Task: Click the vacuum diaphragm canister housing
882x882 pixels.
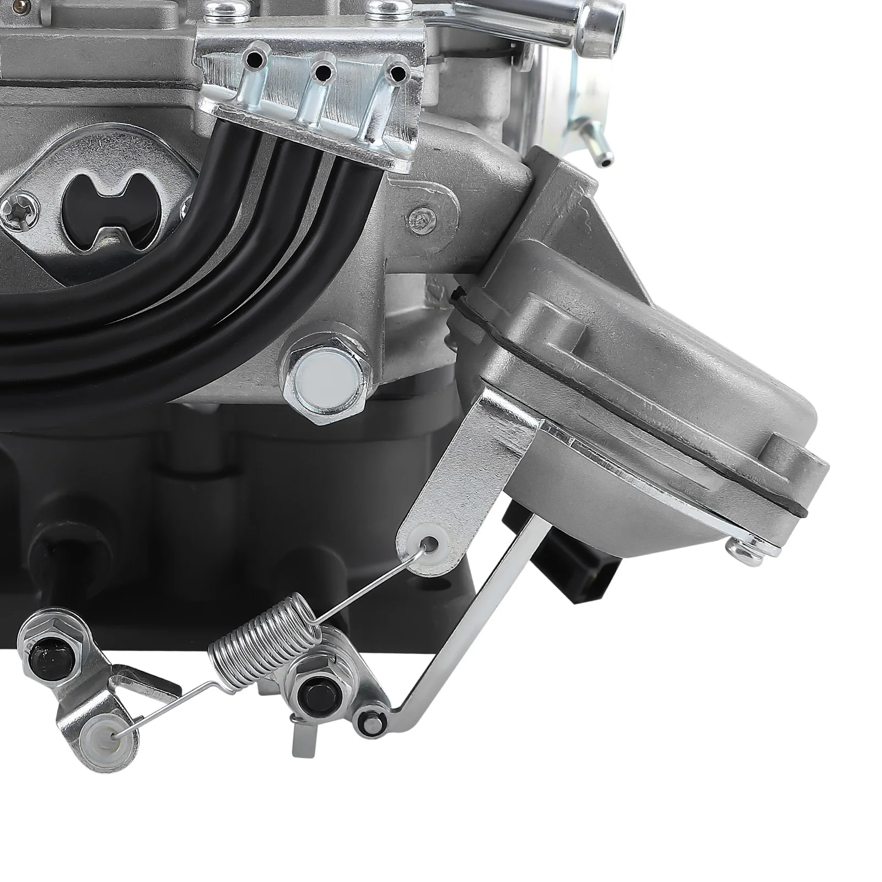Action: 634,386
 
